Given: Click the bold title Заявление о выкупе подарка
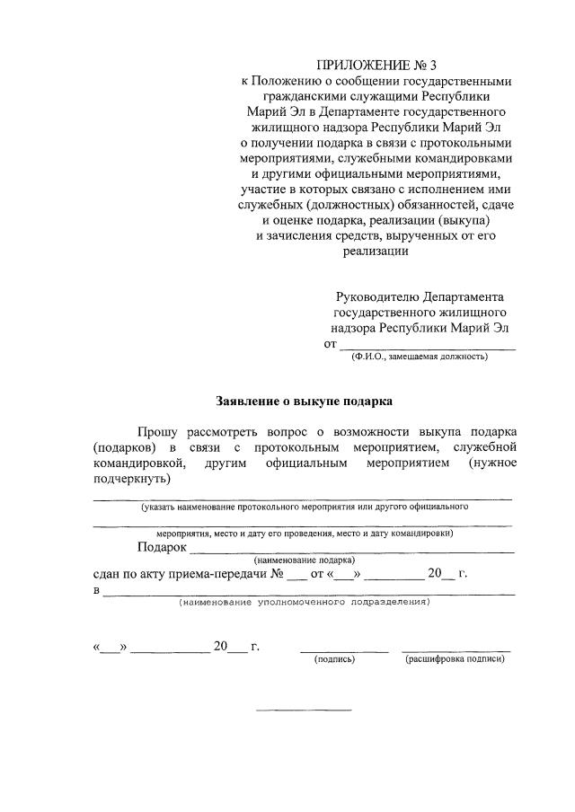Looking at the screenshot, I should (x=305, y=401).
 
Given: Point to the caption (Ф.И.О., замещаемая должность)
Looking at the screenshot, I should (x=420, y=357).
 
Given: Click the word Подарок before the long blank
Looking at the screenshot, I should (x=162, y=547).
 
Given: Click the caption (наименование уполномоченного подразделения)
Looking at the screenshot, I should (x=304, y=602).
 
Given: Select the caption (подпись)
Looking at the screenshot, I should (x=334, y=659).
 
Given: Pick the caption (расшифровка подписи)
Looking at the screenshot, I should (x=455, y=659).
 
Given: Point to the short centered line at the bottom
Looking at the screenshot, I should (x=304, y=710).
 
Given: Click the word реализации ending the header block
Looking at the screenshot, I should (x=375, y=252).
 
